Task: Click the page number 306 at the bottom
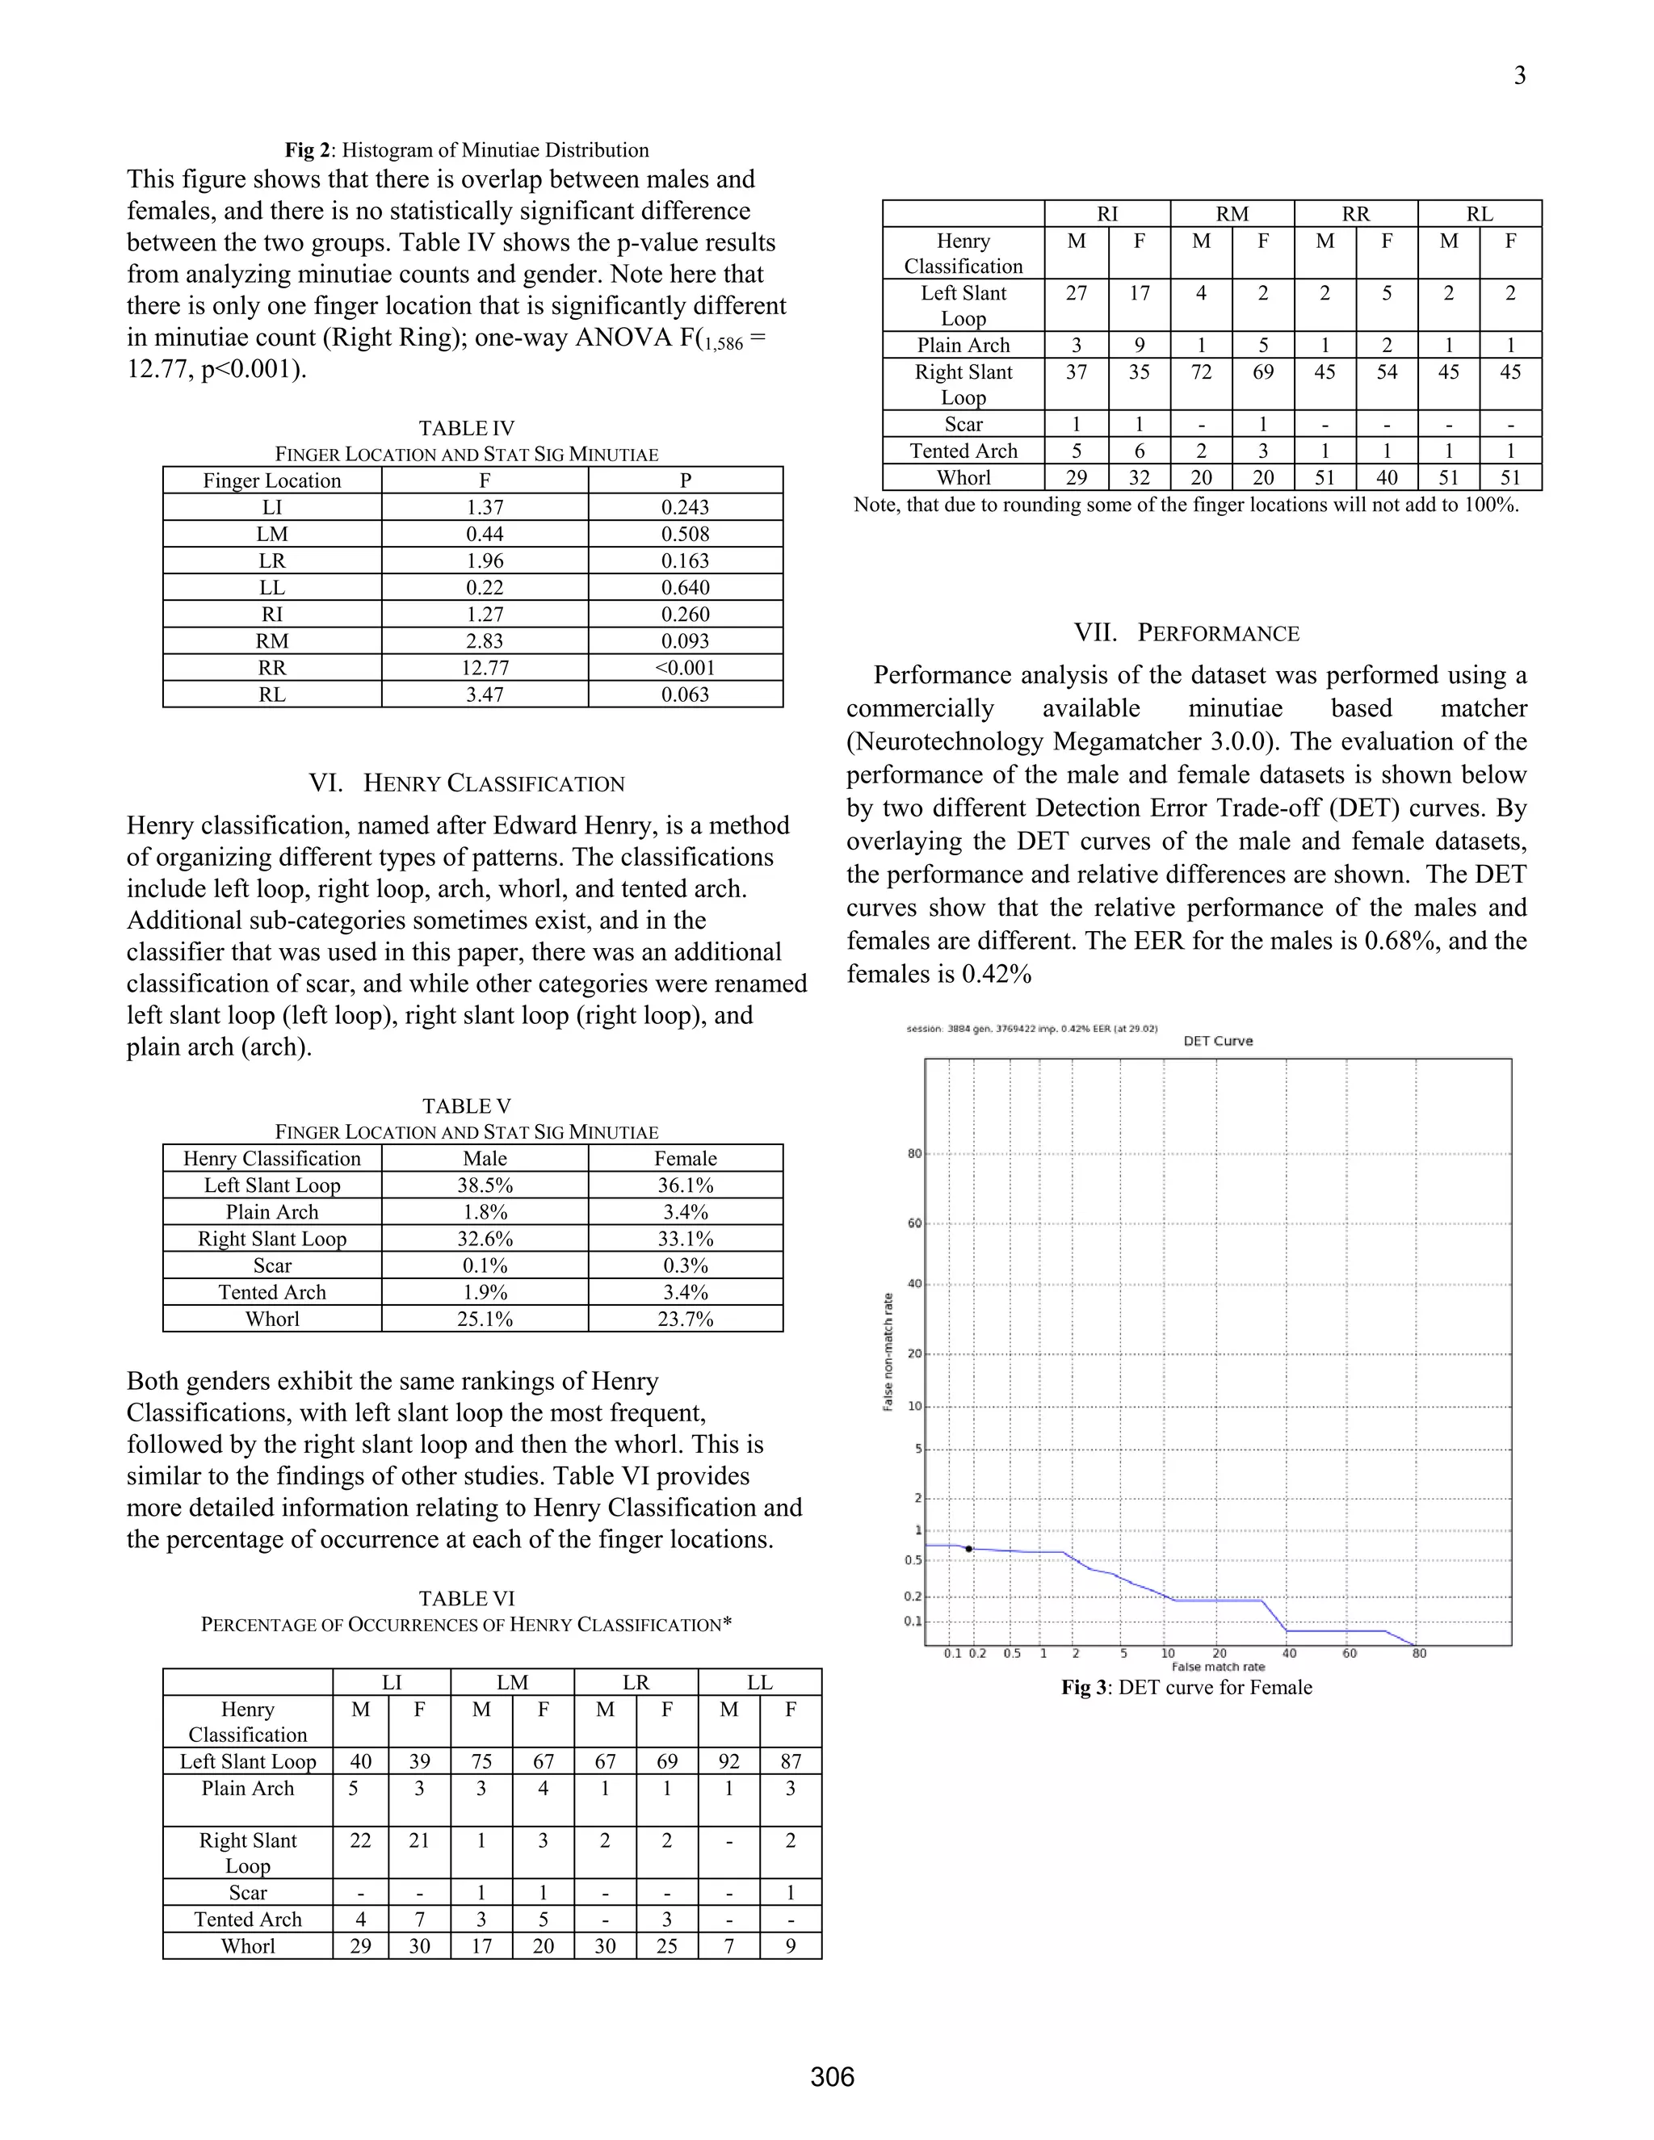coord(832,2076)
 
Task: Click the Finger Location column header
coord(271,481)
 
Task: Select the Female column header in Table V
coord(685,1159)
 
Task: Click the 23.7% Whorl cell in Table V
coord(685,1319)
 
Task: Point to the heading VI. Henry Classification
coord(467,784)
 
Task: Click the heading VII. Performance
coord(1186,633)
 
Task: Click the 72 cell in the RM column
coord(1200,372)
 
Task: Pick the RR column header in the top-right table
coord(1355,215)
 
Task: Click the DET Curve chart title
coord(1217,1041)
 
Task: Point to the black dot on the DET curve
coord(968,1549)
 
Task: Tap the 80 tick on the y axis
coord(914,1153)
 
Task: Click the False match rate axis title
coord(1217,1667)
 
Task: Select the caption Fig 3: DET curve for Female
coord(1186,1687)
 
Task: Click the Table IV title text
coord(467,428)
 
